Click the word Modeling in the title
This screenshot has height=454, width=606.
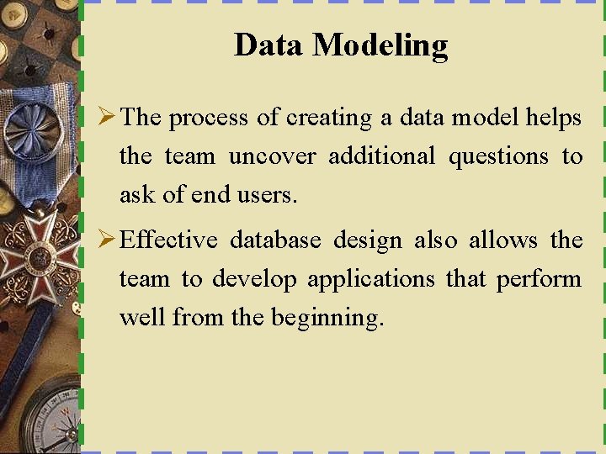(x=380, y=45)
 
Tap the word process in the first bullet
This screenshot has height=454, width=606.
(x=210, y=119)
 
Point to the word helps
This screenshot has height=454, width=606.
(x=553, y=118)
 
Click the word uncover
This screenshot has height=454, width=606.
(x=273, y=156)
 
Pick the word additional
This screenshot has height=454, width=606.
(x=381, y=156)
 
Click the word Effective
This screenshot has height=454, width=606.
(x=169, y=240)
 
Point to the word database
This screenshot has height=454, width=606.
(x=275, y=240)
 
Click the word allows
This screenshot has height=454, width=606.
(x=503, y=240)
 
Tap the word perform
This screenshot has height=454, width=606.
(x=539, y=280)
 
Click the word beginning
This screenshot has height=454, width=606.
(x=327, y=319)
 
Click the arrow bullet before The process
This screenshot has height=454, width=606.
(x=107, y=118)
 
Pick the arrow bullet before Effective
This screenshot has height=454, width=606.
(x=107, y=240)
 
